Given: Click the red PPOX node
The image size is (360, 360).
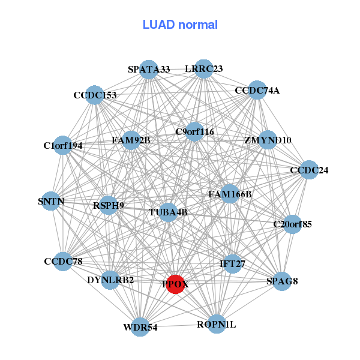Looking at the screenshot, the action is pyautogui.click(x=175, y=284).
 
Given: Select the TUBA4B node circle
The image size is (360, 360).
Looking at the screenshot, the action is pyautogui.click(x=168, y=212).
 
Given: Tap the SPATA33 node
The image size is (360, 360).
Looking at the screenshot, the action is pyautogui.click(x=149, y=70).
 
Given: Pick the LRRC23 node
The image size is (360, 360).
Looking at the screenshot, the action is pyautogui.click(x=203, y=68).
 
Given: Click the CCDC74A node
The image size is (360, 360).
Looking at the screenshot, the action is pyautogui.click(x=257, y=90).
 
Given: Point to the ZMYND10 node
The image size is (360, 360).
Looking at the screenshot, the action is pyautogui.click(x=268, y=140).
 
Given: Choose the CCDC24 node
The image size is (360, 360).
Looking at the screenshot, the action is pyautogui.click(x=309, y=170).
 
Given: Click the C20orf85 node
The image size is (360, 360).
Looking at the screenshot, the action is pyautogui.click(x=293, y=224).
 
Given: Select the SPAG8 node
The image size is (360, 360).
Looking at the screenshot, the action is pyautogui.click(x=282, y=281).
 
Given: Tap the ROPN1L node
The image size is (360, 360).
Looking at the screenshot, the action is pyautogui.click(x=217, y=324).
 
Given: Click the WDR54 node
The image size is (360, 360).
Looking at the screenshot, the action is pyautogui.click(x=140, y=327).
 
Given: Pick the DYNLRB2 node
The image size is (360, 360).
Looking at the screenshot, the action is pyautogui.click(x=110, y=280).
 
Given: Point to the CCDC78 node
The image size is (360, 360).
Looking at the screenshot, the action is pyautogui.click(x=63, y=261).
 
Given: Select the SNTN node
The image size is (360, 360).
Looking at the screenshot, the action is pyautogui.click(x=51, y=201).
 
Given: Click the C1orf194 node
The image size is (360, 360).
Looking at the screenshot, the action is pyautogui.click(x=62, y=145).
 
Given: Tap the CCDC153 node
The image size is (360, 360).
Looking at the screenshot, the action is pyautogui.click(x=95, y=95).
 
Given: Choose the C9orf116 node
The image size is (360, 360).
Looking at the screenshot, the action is pyautogui.click(x=194, y=132).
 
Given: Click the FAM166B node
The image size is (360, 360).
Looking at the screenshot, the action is pyautogui.click(x=230, y=194).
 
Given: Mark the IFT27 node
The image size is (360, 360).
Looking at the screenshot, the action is pyautogui.click(x=233, y=264).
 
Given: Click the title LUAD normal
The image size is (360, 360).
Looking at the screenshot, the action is pyautogui.click(x=180, y=25).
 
